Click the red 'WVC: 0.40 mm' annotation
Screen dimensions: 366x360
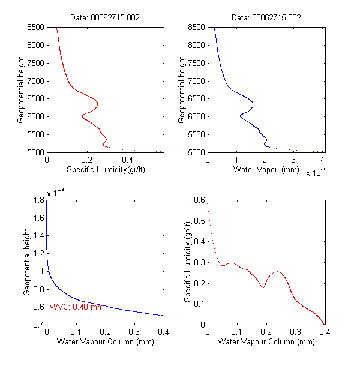click(76, 307)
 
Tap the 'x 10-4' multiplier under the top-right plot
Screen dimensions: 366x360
click(315, 173)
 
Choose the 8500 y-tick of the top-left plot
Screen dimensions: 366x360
click(35, 27)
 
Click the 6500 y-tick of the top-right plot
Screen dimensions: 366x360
click(196, 98)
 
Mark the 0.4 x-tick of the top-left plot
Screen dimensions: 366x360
click(127, 161)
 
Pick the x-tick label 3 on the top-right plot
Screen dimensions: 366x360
click(293, 161)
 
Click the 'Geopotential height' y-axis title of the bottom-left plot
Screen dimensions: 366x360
click(27, 262)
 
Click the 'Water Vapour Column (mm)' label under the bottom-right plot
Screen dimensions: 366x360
click(265, 343)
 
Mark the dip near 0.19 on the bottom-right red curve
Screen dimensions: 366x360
click(263, 287)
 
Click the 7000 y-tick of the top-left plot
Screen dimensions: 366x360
click(35, 80)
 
